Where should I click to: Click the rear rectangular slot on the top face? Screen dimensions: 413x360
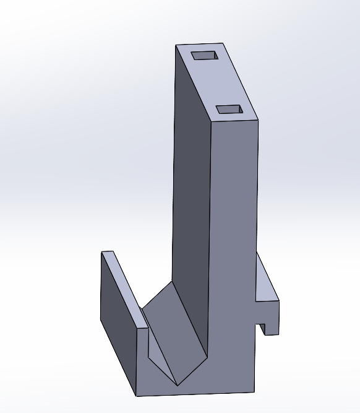pos(205,56)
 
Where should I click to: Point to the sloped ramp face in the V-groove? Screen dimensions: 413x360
pos(173,328)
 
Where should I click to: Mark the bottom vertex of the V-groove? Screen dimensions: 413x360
pos(178,385)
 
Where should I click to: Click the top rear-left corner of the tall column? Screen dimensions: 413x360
pos(176,45)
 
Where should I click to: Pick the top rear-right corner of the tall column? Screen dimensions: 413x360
pos(223,43)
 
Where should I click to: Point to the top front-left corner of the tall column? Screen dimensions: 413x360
pos(212,123)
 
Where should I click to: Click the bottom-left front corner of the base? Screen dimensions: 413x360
pos(136,396)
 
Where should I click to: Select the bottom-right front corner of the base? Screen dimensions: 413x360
pos(254,391)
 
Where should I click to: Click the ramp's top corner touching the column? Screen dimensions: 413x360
pos(171,282)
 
